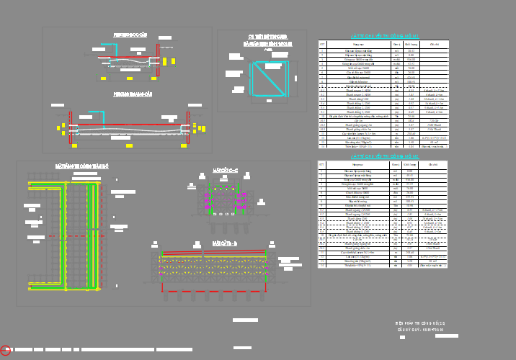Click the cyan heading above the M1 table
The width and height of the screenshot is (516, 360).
click(383, 35)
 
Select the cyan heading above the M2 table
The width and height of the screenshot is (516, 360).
click(383, 156)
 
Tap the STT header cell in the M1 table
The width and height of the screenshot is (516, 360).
click(322, 44)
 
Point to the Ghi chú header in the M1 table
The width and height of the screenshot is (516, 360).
click(435, 44)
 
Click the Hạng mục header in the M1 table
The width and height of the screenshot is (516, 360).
click(358, 44)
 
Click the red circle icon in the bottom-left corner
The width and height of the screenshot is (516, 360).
click(6, 350)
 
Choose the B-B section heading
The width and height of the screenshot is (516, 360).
click(225, 244)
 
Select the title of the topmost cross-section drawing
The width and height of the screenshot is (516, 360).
click(130, 35)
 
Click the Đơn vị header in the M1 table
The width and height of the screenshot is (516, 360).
click(396, 44)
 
